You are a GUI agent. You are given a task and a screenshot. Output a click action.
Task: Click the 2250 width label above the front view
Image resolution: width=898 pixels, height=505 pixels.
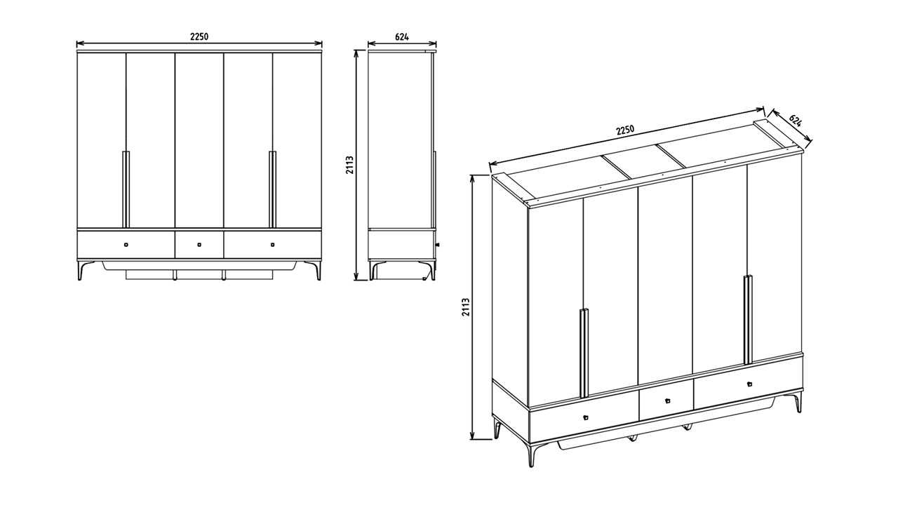coord(199,36)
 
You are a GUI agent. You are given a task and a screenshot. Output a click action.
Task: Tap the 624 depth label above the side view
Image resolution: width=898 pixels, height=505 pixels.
coord(402,37)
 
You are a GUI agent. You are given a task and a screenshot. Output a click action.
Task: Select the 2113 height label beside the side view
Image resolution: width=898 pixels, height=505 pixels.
coord(350,165)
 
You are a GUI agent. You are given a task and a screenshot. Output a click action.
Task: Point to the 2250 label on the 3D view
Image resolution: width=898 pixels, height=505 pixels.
coord(625,130)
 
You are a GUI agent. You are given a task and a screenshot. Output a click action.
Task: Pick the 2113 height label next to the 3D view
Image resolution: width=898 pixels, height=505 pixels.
coord(465,307)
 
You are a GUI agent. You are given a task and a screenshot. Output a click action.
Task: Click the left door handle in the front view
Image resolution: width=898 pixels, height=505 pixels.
coord(126,189)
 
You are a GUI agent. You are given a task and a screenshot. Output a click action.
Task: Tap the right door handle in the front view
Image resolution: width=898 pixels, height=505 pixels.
coord(273,189)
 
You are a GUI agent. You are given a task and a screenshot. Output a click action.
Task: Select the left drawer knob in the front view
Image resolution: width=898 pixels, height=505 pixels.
coord(126,245)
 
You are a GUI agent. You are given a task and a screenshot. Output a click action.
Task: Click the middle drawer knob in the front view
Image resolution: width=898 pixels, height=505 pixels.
coord(199,245)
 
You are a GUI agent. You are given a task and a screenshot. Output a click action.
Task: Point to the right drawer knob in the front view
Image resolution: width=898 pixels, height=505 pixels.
coord(273,245)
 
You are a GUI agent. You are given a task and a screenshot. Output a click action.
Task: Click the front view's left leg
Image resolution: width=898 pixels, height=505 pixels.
coord(83,270)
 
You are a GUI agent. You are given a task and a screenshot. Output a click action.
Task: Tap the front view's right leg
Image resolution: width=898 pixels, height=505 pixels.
coord(315,270)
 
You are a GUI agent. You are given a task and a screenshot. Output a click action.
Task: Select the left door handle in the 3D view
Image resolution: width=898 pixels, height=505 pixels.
coord(584,352)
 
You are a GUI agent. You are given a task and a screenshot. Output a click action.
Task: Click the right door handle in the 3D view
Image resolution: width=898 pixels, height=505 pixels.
coord(748,320)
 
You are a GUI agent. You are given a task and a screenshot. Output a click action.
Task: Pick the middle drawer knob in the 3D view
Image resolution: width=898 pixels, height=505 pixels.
coord(668,400)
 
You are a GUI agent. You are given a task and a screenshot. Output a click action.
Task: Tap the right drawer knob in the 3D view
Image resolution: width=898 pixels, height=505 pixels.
coord(750,384)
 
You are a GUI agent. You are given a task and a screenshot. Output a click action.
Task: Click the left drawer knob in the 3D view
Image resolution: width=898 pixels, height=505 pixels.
coord(586,417)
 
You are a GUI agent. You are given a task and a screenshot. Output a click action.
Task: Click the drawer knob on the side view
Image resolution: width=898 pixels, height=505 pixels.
coord(437,244)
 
